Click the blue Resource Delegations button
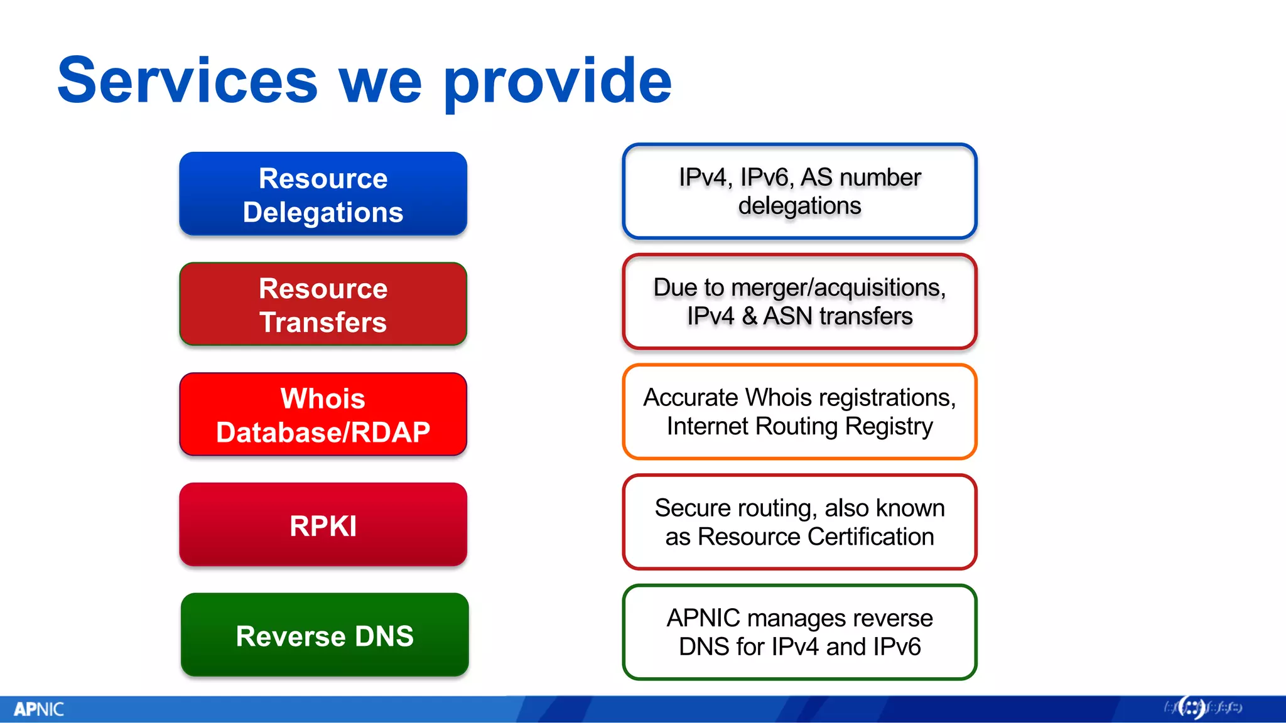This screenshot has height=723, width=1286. (323, 194)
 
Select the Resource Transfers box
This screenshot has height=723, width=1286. (323, 304)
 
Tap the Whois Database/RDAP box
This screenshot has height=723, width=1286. (323, 414)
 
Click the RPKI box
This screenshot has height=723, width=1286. (323, 525)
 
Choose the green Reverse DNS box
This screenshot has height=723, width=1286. (324, 635)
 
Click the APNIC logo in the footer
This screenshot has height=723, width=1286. (39, 709)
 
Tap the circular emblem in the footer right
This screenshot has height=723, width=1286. (1191, 708)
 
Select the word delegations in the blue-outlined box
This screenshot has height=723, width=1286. (799, 206)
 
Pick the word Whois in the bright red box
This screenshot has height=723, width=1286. (323, 399)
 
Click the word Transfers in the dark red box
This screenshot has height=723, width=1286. (323, 323)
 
